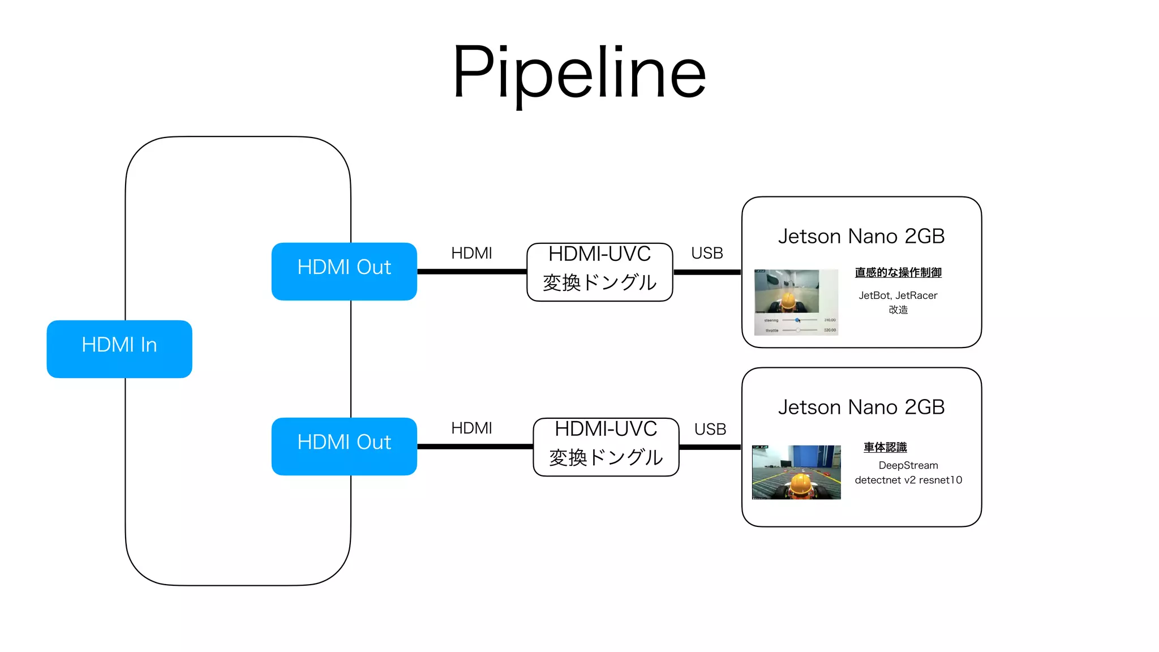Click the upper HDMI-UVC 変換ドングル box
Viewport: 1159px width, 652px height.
tap(599, 272)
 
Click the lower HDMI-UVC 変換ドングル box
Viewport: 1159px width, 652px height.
tap(606, 447)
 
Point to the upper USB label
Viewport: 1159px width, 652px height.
tap(707, 253)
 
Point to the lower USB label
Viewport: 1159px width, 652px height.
tap(710, 429)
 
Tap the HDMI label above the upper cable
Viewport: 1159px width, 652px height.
tap(471, 253)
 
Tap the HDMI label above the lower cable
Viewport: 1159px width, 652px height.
tap(471, 428)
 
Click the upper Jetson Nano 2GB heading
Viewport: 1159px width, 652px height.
tap(861, 236)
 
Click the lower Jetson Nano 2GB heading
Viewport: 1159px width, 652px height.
tap(861, 407)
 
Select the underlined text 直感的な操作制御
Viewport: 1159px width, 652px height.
tap(898, 272)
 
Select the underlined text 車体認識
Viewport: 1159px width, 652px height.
tap(885, 447)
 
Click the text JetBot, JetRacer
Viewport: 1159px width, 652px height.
tap(898, 295)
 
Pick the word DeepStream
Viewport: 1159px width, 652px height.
tap(908, 465)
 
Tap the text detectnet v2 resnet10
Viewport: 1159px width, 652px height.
tap(908, 480)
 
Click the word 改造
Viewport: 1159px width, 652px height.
tap(898, 310)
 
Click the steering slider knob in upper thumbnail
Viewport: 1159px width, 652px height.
tap(797, 320)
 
